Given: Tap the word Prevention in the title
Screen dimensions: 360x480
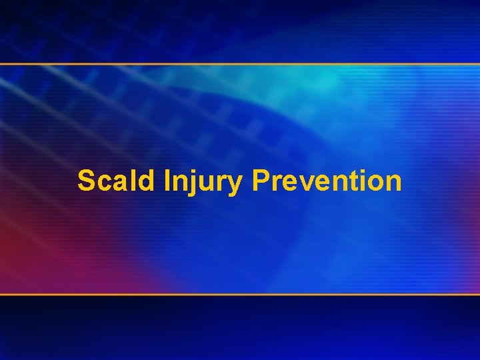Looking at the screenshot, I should click(x=327, y=181).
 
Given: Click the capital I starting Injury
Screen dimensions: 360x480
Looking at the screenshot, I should click(x=166, y=181).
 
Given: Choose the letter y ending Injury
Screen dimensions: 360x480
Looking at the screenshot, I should click(x=234, y=185).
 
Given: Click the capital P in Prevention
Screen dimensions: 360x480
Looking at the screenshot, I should click(x=261, y=181).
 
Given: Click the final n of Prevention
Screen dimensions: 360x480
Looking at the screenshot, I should click(x=393, y=183).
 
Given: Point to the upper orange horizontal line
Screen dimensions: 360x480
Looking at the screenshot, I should click(x=240, y=64).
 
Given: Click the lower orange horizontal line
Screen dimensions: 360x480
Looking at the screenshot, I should click(x=240, y=294).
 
